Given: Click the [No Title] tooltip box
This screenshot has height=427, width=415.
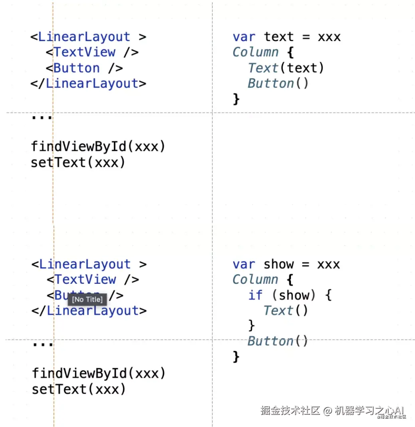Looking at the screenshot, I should [87, 299].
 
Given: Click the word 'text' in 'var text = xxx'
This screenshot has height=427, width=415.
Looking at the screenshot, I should [279, 37].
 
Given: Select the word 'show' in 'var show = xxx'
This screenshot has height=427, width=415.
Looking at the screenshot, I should [278, 264].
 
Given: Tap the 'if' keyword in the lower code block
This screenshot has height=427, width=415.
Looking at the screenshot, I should [255, 295].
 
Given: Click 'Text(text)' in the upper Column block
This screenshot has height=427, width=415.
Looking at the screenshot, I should [286, 68].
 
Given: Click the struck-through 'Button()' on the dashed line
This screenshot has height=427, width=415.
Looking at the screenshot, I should [278, 341].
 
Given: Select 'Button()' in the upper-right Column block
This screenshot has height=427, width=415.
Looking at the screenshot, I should [278, 83].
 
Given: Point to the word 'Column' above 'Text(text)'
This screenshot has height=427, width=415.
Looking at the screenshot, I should [255, 52].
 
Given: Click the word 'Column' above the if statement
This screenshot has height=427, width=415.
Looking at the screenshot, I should [255, 280].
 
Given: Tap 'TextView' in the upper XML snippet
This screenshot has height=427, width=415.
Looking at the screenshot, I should [85, 52].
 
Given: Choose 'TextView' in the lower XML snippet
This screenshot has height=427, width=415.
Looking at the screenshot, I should [85, 280].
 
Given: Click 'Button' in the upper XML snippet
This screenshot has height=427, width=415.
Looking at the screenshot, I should [77, 68].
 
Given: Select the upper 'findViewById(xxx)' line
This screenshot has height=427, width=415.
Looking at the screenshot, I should [98, 146].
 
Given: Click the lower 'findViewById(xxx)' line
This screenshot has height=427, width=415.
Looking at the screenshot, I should [99, 374].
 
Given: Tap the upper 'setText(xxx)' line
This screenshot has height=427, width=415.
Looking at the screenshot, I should [78, 162].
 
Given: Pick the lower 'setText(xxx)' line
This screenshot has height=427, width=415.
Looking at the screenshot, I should [79, 389].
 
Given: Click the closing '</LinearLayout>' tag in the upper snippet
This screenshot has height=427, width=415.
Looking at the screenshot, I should [89, 84].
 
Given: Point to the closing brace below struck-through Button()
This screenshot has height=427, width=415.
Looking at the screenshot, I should [236, 356].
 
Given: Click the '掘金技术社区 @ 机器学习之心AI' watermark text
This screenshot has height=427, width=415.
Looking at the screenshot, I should [332, 410].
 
